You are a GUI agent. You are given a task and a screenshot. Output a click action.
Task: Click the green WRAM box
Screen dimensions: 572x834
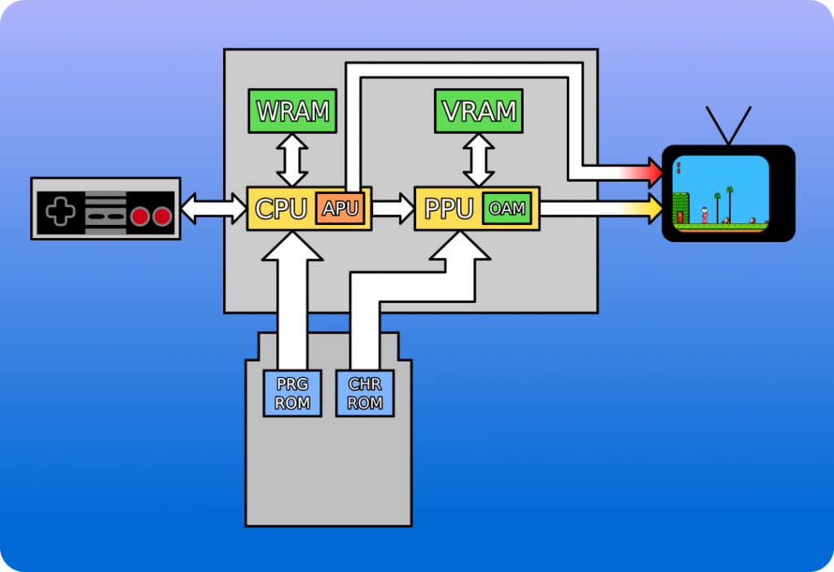pyautogui.click(x=292, y=111)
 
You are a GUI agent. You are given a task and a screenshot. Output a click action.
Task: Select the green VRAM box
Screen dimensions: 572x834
pyautogui.click(x=480, y=111)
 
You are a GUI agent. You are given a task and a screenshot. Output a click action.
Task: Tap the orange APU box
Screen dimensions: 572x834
pyautogui.click(x=340, y=208)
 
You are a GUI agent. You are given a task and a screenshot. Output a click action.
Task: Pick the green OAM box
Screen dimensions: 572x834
pyautogui.click(x=507, y=209)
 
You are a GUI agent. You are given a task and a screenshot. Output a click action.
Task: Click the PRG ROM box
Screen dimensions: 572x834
pyautogui.click(x=292, y=393)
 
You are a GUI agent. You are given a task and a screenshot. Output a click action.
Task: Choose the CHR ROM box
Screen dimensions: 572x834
pyautogui.click(x=365, y=393)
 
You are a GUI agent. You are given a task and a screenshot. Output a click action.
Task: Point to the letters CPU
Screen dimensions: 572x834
pyautogui.click(x=280, y=209)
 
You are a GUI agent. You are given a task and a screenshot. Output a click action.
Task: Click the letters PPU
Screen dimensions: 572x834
pyautogui.click(x=449, y=209)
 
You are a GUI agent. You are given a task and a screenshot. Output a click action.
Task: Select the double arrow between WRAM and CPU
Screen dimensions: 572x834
pyautogui.click(x=292, y=160)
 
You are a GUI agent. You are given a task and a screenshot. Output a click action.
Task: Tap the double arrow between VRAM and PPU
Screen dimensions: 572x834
pyautogui.click(x=480, y=160)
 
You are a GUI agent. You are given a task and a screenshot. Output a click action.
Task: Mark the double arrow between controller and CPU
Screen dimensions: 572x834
pyautogui.click(x=213, y=209)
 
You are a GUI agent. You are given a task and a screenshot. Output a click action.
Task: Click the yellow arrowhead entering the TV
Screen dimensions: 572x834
pyautogui.click(x=654, y=209)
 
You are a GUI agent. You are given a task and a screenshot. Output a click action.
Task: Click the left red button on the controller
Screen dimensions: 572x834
pyautogui.click(x=141, y=216)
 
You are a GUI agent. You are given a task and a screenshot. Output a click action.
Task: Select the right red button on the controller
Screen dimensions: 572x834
pyautogui.click(x=162, y=216)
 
